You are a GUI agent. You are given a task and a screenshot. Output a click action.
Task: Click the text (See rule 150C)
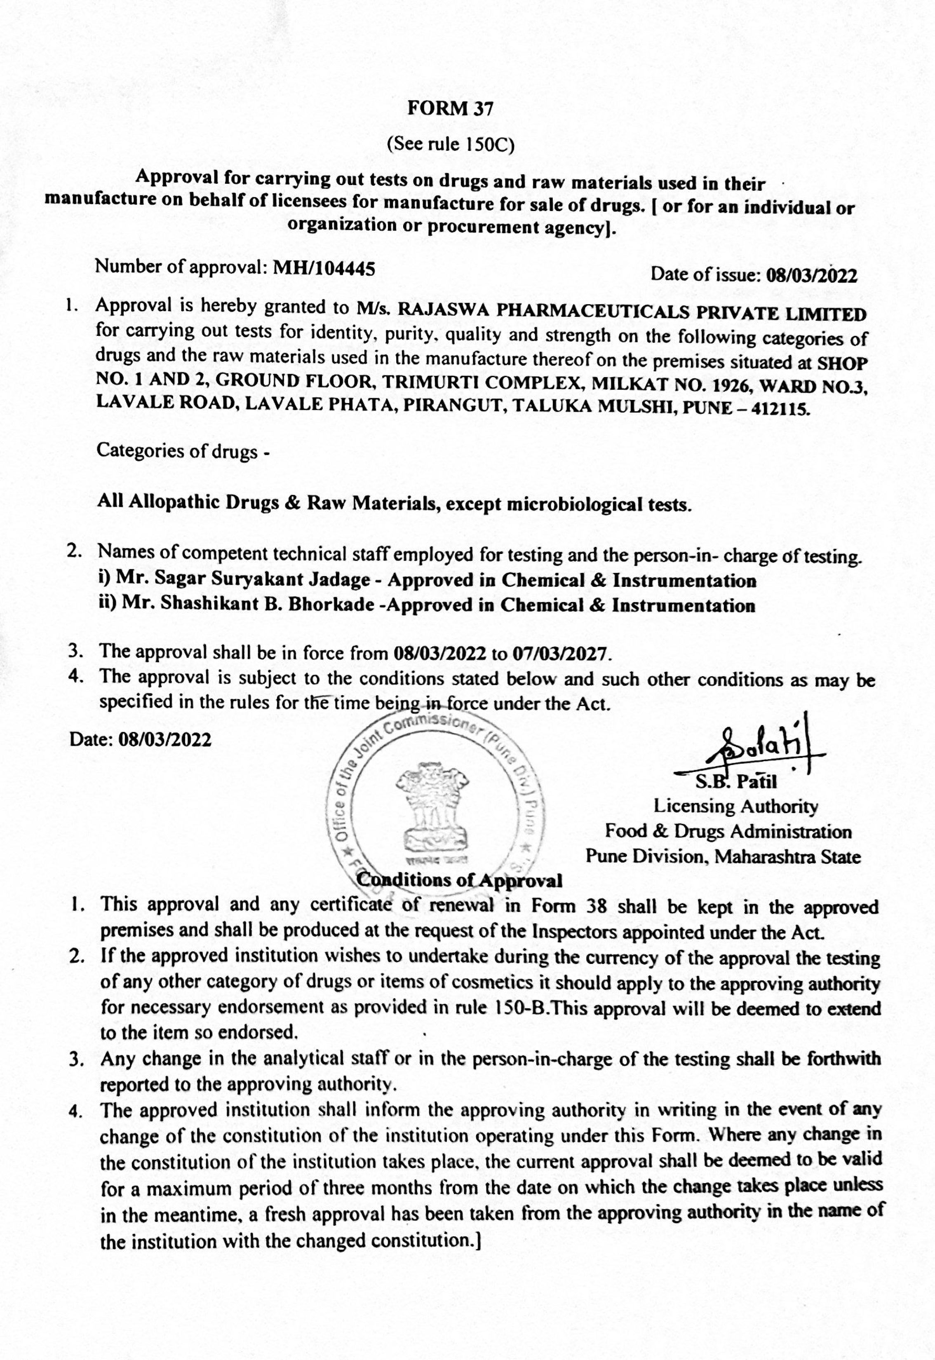point(451,145)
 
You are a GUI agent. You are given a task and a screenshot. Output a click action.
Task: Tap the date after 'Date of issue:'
point(811,276)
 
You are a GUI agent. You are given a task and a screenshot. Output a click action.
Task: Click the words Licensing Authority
point(736,807)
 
